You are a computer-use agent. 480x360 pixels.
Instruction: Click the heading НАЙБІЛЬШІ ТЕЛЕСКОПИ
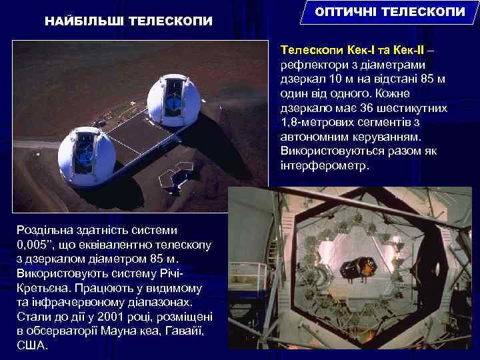pos(129,21)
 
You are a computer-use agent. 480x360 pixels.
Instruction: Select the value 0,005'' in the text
pos(37,245)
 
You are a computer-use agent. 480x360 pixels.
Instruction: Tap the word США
pos(31,346)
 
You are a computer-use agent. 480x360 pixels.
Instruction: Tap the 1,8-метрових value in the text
pos(323,123)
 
